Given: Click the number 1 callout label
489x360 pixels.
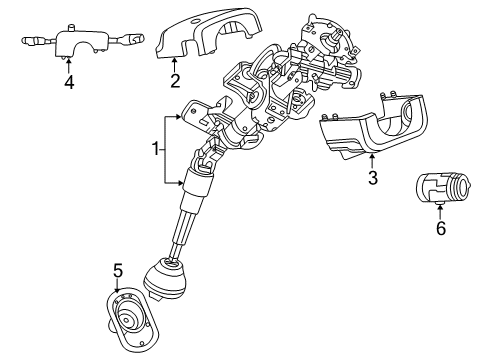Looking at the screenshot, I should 155,150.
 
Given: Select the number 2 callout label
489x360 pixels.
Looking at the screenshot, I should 174,81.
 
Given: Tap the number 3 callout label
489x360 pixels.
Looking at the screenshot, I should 372,179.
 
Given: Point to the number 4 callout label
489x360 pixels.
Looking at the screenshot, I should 68,82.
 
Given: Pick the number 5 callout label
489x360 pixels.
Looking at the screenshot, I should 117,271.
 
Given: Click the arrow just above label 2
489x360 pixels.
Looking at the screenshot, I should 174,64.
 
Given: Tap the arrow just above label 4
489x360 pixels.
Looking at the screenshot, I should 68,65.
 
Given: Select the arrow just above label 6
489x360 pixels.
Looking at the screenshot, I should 440,209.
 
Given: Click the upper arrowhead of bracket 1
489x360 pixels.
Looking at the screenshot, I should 182,118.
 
